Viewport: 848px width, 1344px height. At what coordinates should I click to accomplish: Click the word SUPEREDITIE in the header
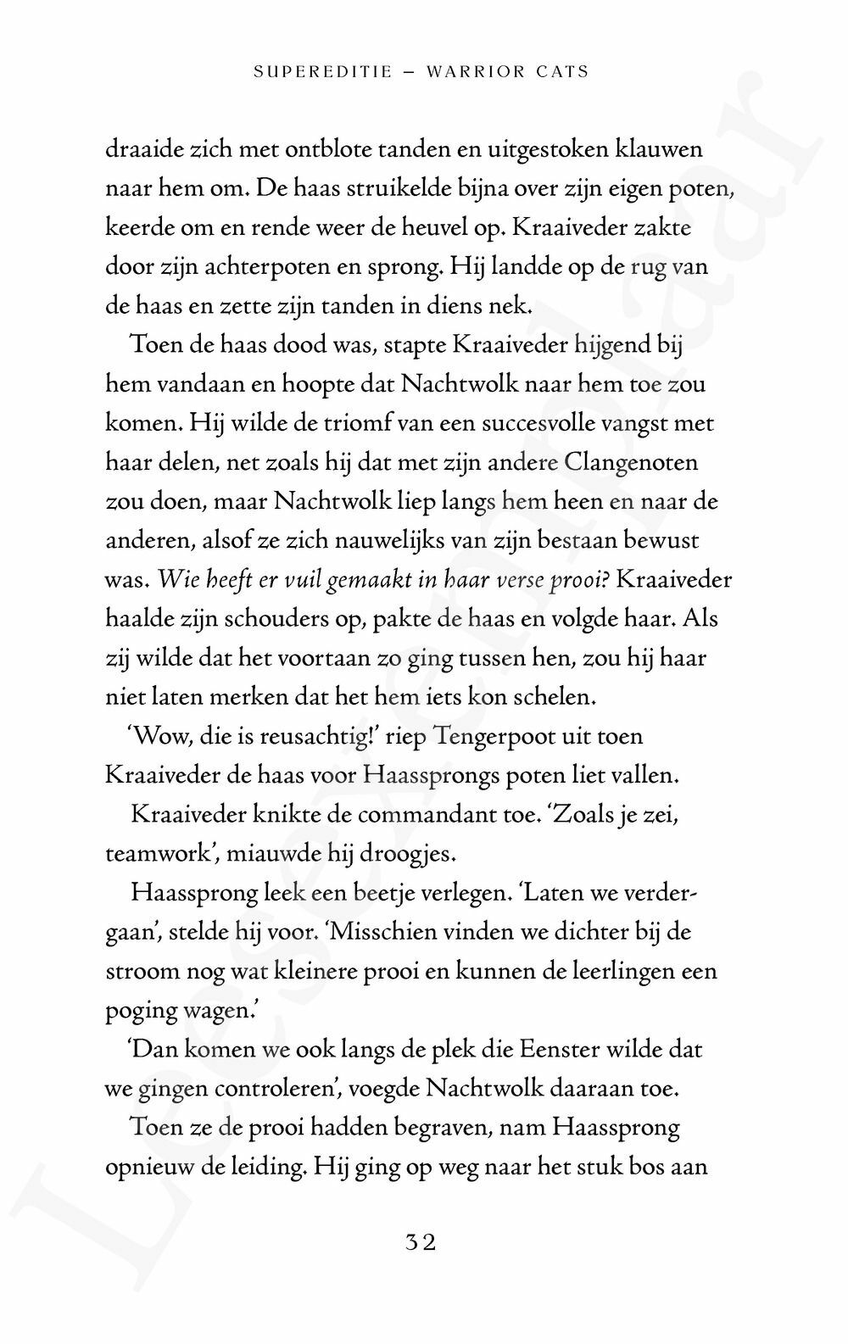(323, 72)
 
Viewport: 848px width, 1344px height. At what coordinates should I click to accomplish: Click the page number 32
(421, 1243)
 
